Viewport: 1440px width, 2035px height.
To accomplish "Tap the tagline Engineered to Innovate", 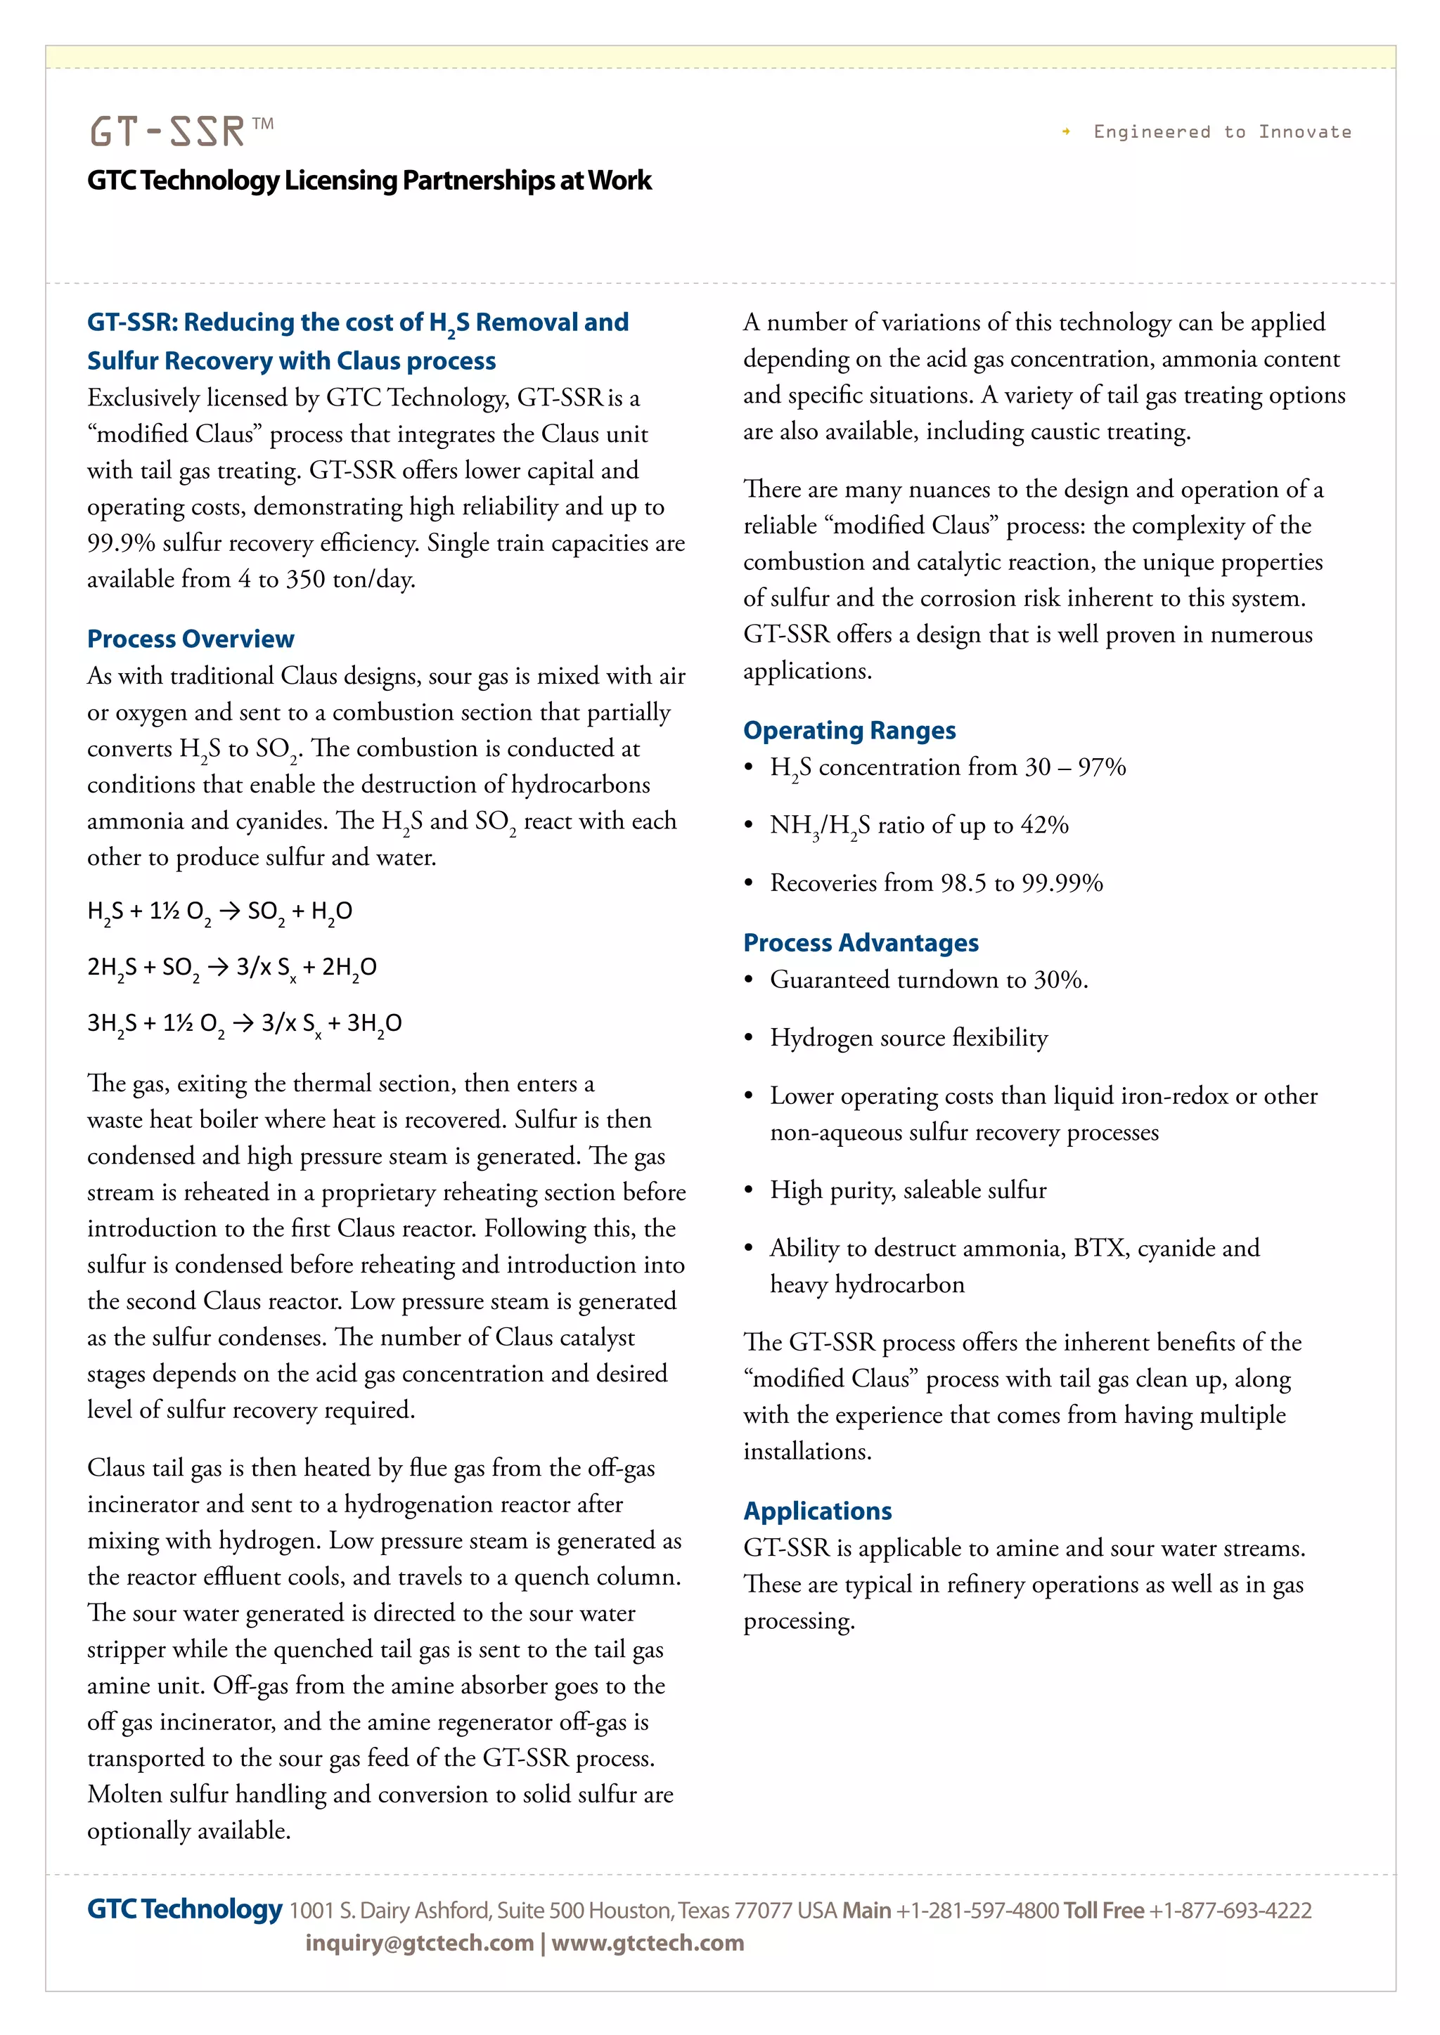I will click(1221, 132).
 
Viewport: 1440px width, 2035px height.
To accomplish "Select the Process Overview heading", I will click(191, 638).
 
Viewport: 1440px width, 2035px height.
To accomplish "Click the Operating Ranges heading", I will click(849, 729).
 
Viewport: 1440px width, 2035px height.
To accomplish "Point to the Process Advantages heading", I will click(860, 942).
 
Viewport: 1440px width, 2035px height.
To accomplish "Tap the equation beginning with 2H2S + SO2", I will click(231, 967).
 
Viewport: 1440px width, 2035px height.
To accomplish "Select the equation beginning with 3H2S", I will click(244, 1023).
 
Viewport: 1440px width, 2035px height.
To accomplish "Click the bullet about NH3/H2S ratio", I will click(918, 825).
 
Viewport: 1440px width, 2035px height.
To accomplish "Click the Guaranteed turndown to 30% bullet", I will click(928, 980).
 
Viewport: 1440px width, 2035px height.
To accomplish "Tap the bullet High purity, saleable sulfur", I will click(907, 1190).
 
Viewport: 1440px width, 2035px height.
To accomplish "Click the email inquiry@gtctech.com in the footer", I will click(419, 1943).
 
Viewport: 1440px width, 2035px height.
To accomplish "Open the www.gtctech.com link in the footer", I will click(648, 1943).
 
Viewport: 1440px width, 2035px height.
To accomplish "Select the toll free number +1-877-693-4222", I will click(1230, 1910).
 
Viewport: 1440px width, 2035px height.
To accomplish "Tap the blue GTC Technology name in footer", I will click(184, 1909).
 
